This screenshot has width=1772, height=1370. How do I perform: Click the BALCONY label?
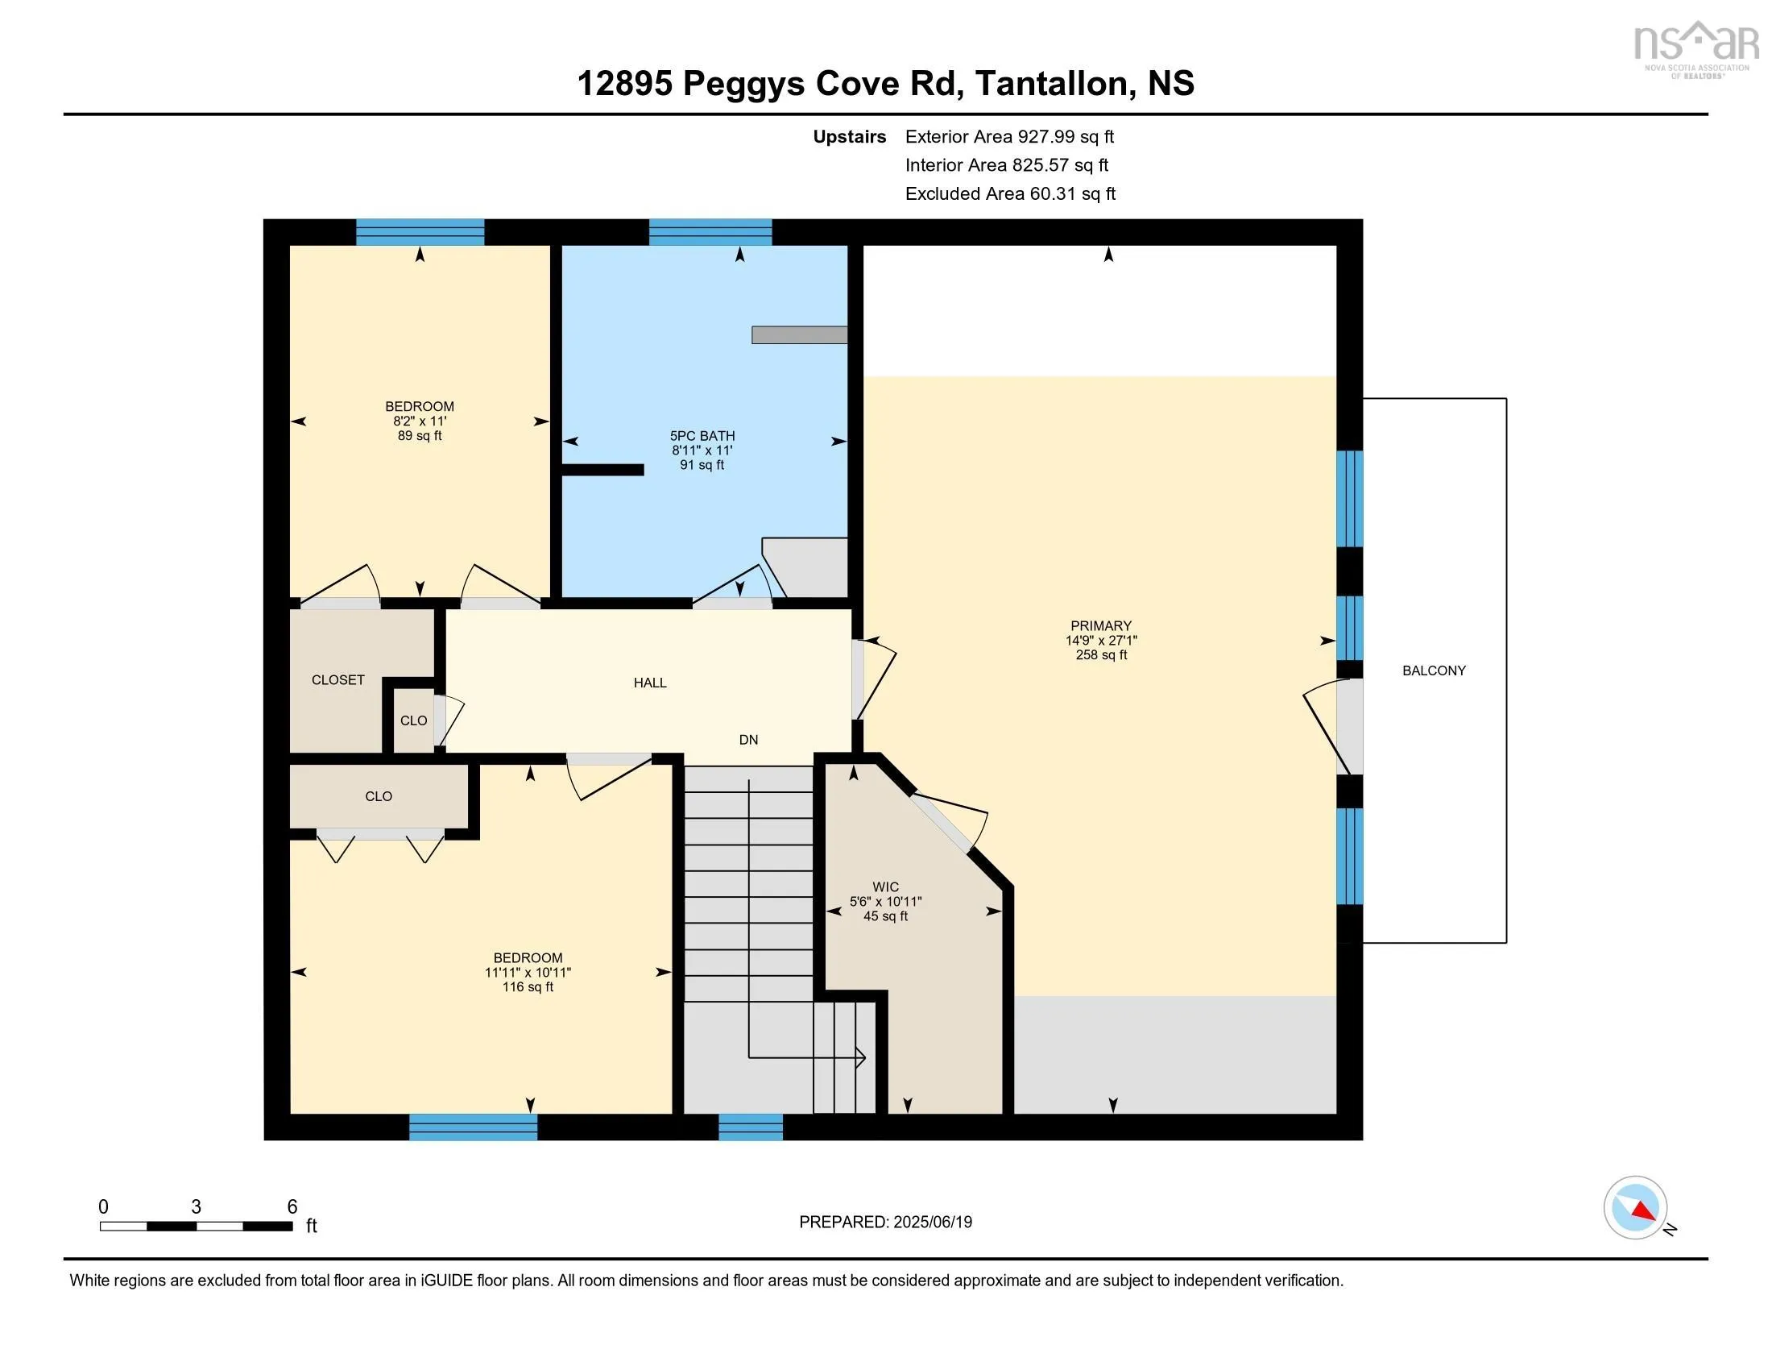pos(1434,670)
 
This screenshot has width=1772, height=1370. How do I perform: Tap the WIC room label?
pos(885,887)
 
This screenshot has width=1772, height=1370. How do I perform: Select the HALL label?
pos(650,683)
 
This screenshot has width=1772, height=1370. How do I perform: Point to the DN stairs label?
pos(748,739)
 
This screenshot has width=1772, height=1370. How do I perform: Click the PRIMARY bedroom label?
pos(1100,625)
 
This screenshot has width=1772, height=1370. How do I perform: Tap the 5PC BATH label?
pos(702,436)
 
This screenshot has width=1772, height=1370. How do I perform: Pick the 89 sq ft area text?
pos(420,436)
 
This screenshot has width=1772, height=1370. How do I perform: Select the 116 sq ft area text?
pos(528,987)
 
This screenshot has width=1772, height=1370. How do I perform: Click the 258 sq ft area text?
pos(1101,655)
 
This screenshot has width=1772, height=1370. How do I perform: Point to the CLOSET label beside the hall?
pos(337,680)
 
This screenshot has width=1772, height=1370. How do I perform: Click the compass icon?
pos(1636,1208)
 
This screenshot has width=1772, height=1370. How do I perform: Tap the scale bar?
pos(197,1226)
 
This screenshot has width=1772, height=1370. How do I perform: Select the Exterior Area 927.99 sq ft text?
pos(1009,136)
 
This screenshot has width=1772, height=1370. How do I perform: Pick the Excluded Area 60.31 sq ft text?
pos(1010,193)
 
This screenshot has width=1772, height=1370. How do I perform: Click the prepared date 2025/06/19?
pos(932,1222)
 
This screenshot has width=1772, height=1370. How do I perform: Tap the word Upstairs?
pos(850,136)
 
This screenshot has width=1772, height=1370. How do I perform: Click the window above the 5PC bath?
pos(710,232)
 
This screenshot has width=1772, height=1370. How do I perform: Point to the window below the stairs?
pos(751,1127)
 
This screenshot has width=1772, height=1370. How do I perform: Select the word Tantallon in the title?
pos(1050,83)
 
